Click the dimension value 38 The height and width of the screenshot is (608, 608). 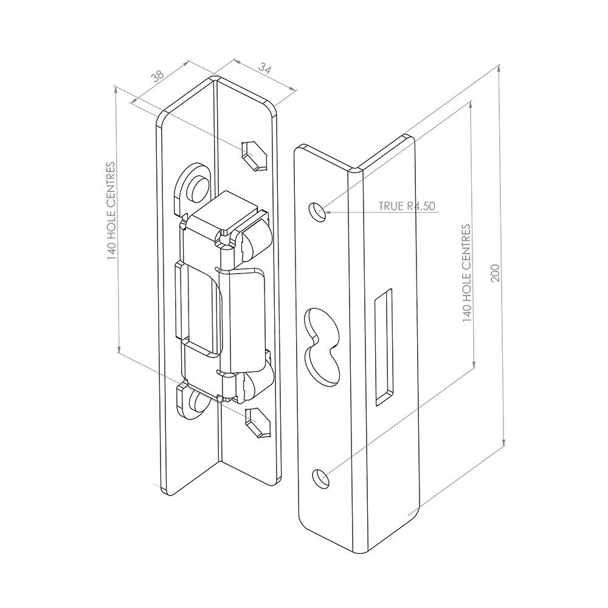pos(157,76)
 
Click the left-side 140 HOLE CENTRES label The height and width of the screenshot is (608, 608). pos(111,212)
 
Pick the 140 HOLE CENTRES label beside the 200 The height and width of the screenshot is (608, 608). pos(466,273)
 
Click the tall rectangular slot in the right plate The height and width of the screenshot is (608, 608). pos(383,347)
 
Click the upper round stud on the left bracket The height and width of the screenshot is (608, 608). pos(198,187)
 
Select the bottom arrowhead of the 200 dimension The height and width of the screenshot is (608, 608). pos(504,442)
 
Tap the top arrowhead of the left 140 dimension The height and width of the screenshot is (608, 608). pos(116,90)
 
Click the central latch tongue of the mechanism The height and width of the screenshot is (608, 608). pos(243,316)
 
